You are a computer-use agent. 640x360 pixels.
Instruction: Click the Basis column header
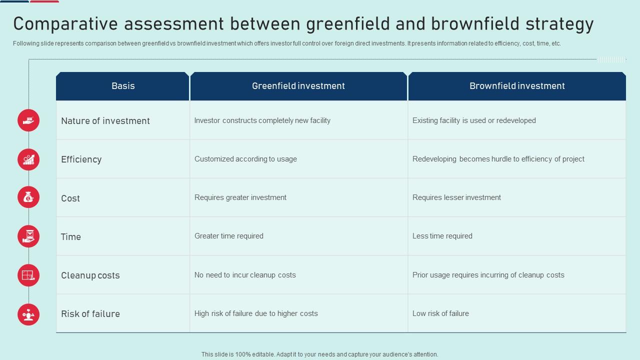point(123,86)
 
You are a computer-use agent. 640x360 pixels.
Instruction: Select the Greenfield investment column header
point(298,86)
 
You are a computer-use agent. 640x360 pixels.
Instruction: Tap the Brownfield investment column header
point(517,86)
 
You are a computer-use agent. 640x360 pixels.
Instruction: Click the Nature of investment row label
point(105,121)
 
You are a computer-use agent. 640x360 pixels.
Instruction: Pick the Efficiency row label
point(81,159)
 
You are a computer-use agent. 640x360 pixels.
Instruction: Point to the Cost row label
point(70,198)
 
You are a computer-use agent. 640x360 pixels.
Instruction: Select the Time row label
point(71,237)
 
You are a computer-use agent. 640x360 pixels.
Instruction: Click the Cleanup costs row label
point(90,275)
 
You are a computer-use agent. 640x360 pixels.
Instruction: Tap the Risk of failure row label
point(90,314)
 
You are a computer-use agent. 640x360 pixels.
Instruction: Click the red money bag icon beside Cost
point(28,197)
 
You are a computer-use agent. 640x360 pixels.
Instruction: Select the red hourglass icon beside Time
point(28,236)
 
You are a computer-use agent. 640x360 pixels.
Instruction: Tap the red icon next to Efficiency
point(28,159)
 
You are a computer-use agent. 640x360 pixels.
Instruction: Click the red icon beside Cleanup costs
point(28,275)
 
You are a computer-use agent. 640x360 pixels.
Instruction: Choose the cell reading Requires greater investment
point(240,197)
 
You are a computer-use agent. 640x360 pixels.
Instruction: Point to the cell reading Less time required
point(442,236)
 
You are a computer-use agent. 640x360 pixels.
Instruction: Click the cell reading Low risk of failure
point(440,313)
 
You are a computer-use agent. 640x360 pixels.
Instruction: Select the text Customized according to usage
point(245,159)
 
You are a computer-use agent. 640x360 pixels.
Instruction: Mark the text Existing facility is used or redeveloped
point(474,120)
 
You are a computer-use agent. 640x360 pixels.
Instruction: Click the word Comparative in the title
point(66,23)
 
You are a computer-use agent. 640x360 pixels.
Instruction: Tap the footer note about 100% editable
point(320,354)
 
